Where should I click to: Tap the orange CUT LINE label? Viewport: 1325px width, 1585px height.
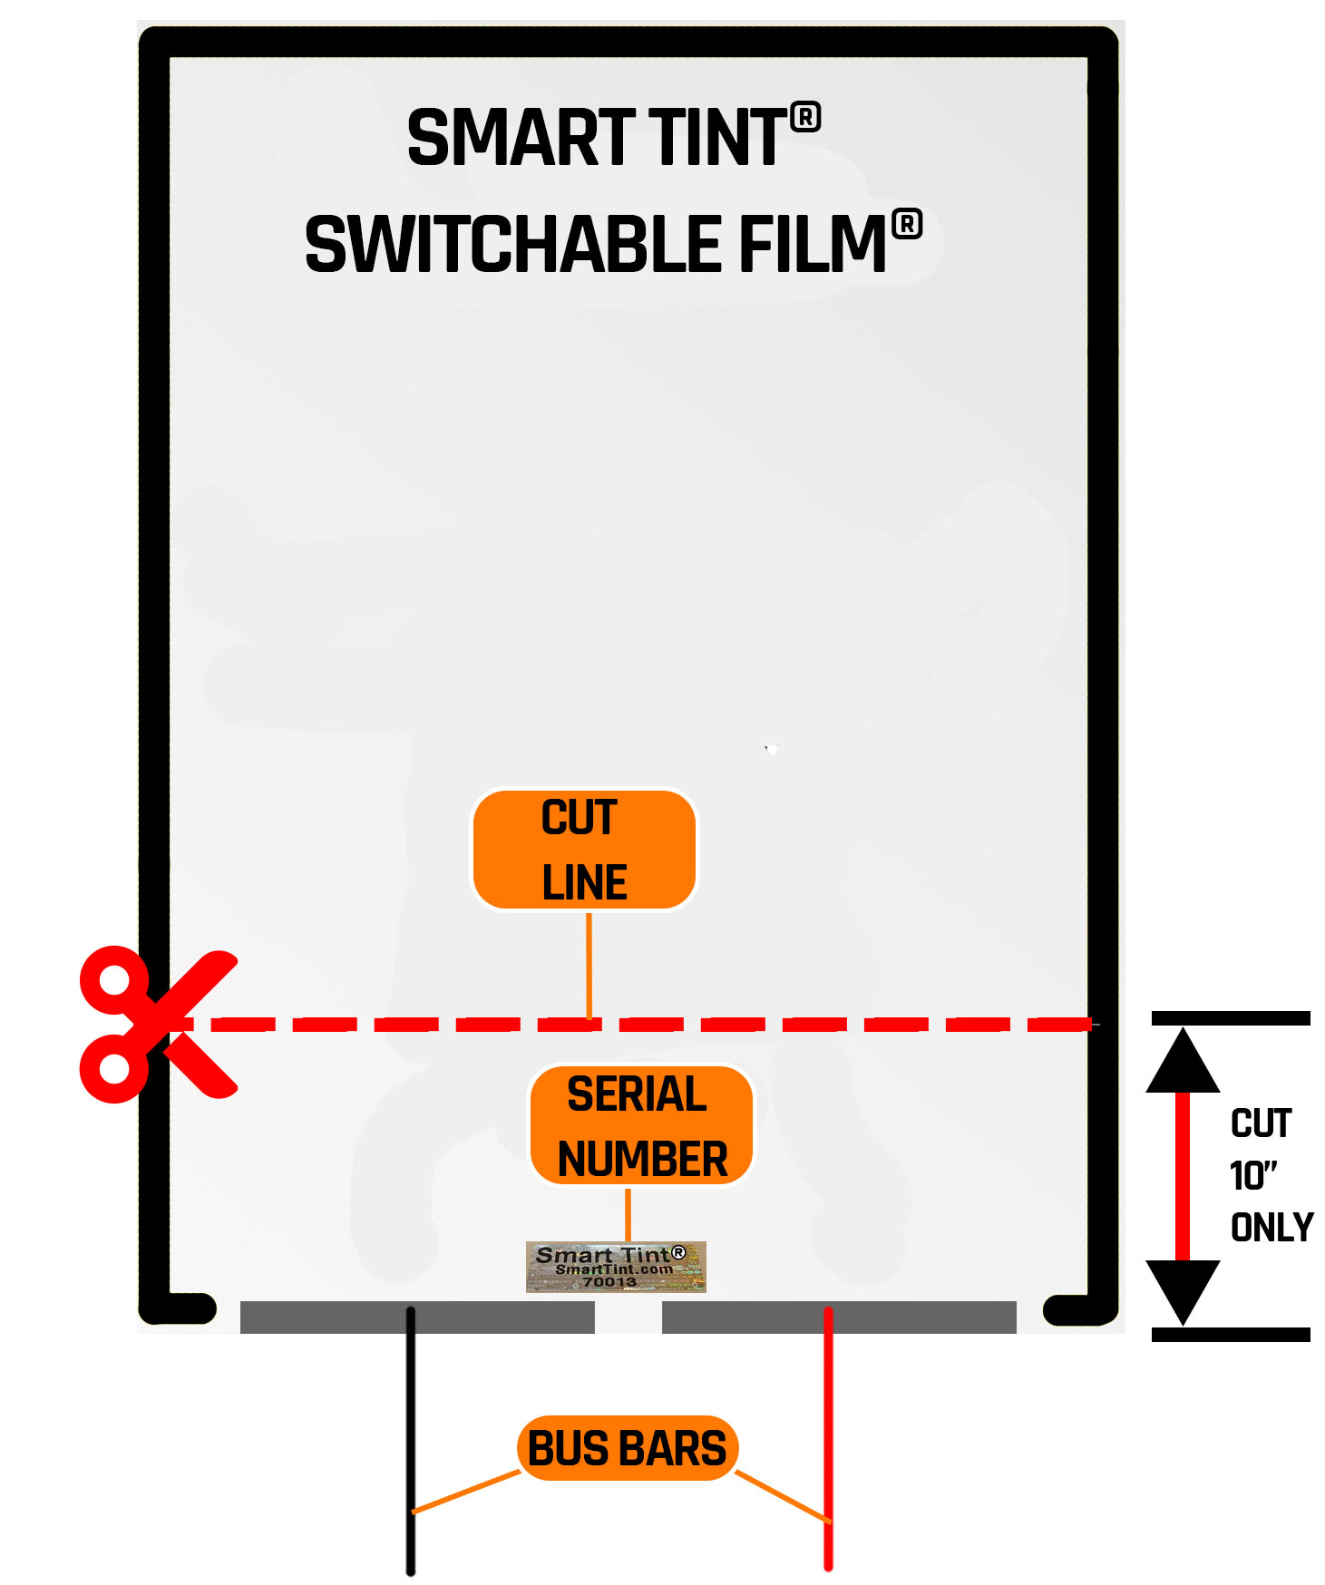click(x=584, y=850)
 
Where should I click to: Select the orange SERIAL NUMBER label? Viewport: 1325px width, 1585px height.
click(x=641, y=1125)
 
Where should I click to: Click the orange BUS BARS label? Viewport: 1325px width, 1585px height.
click(x=627, y=1448)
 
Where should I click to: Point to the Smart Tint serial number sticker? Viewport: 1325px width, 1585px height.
click(x=616, y=1267)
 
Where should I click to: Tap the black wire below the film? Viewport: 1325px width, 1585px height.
click(x=411, y=1451)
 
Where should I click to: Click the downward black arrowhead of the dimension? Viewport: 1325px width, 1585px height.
click(x=1183, y=1289)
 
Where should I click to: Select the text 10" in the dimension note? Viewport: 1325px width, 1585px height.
click(x=1252, y=1176)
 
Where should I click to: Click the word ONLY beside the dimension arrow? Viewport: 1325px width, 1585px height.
click(x=1271, y=1228)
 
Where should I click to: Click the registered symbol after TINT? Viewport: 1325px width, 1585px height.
click(x=805, y=118)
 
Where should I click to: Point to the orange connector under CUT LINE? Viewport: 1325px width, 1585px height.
click(x=589, y=966)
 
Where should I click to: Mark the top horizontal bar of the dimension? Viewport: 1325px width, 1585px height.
click(x=1230, y=1018)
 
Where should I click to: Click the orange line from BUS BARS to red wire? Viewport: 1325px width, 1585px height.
click(x=782, y=1496)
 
